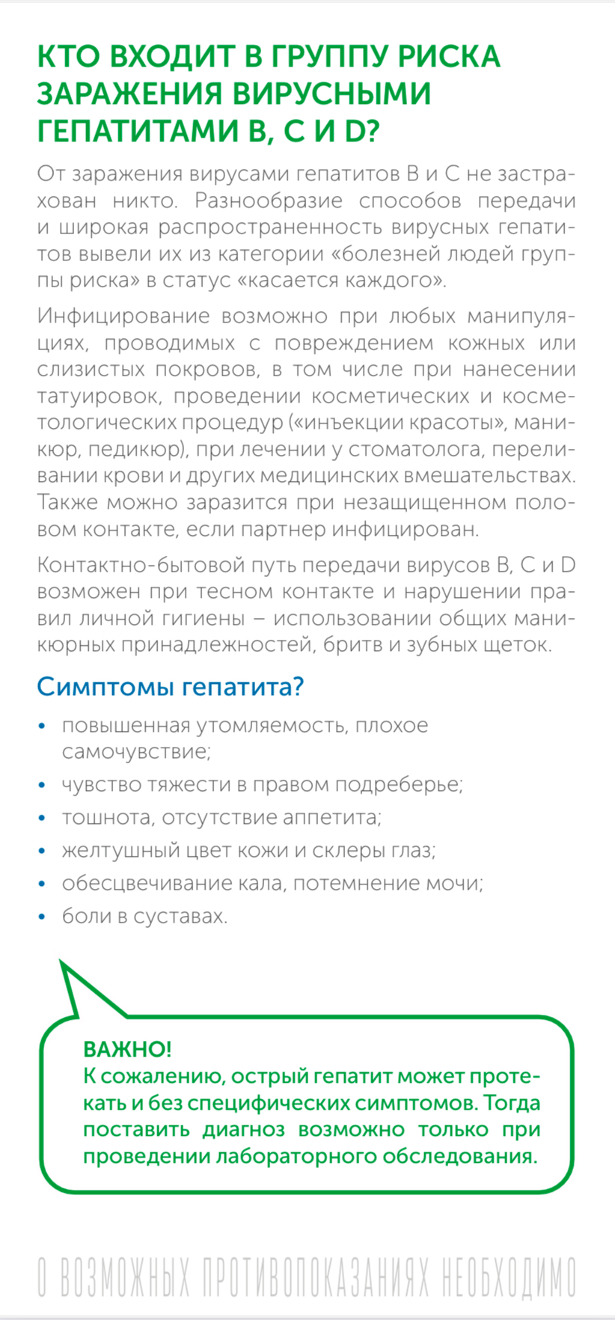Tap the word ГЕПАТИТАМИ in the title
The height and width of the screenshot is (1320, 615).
pyautogui.click(x=138, y=131)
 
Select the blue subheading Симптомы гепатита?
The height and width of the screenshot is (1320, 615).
pyautogui.click(x=170, y=686)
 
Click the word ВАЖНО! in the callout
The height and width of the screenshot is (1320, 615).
pyautogui.click(x=127, y=1048)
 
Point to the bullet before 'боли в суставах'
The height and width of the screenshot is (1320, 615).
pyautogui.click(x=43, y=917)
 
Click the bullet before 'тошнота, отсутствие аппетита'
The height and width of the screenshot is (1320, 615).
pyautogui.click(x=43, y=818)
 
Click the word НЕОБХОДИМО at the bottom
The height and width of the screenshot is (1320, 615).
pyautogui.click(x=508, y=1277)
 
